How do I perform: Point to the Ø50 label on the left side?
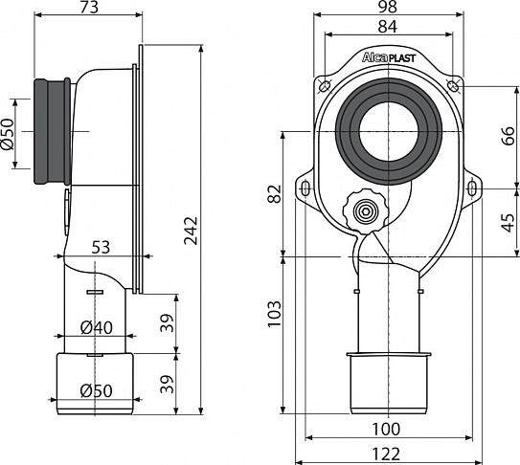(x=9, y=130)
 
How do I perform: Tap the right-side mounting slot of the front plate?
(x=471, y=188)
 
